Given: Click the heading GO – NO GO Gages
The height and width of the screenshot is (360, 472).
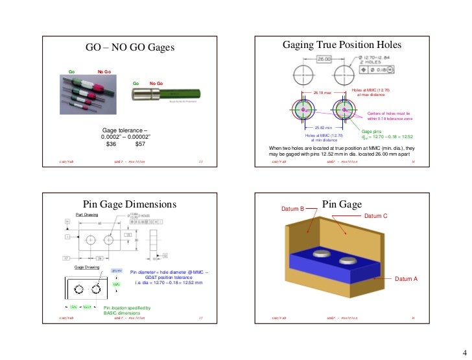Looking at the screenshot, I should pos(131,47).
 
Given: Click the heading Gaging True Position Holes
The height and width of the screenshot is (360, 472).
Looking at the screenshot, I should pos(342,45).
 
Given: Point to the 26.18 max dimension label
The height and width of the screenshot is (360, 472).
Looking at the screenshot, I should pos(322,92).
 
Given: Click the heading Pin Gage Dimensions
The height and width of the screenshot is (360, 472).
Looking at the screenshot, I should pos(130,204).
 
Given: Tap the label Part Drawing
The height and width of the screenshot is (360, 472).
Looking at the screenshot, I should pos(86,214).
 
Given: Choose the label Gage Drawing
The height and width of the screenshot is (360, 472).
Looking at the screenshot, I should pos(86,267).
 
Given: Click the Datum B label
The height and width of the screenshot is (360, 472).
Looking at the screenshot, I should pos(292,209).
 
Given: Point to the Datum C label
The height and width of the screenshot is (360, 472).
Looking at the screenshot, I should pos(376,215).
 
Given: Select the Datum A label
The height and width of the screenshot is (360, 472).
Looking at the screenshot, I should pos(407,278).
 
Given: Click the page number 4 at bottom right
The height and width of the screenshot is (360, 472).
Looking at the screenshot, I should pos(464,351).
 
